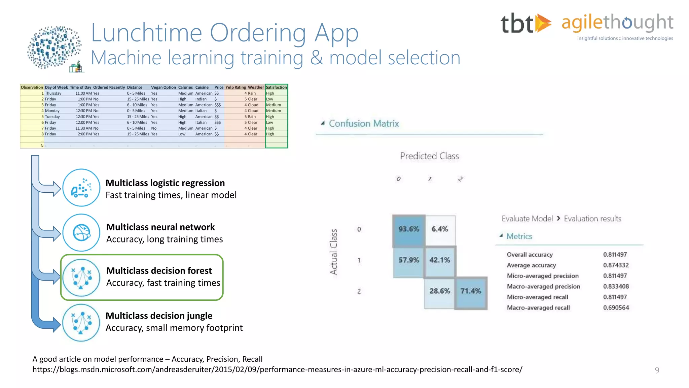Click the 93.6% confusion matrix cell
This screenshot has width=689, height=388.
[x=408, y=229]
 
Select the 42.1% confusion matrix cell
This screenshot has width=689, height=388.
[x=440, y=260]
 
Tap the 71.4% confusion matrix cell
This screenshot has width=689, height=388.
[x=471, y=291]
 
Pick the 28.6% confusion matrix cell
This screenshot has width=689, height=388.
[x=439, y=291]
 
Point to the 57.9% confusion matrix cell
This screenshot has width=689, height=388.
[x=408, y=260]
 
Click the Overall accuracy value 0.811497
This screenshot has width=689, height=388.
[x=615, y=255]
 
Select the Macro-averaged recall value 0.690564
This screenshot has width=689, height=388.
[x=616, y=308]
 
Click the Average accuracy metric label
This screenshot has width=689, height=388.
[x=531, y=265]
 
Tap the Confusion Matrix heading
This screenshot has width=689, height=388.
[x=364, y=124]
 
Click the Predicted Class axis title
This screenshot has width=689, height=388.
[x=429, y=156]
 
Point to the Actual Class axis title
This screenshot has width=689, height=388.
[x=333, y=252]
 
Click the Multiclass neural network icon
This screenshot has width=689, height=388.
[x=81, y=233]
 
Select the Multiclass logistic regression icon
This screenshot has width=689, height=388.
[x=81, y=188]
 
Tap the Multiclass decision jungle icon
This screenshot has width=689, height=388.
[x=81, y=323]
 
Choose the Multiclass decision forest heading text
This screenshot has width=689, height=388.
[x=159, y=271]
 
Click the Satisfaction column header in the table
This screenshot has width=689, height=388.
[x=276, y=87]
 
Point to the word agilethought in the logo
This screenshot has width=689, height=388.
[x=617, y=23]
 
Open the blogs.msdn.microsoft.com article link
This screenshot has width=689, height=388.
[x=277, y=369]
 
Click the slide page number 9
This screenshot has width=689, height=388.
[x=657, y=370]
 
